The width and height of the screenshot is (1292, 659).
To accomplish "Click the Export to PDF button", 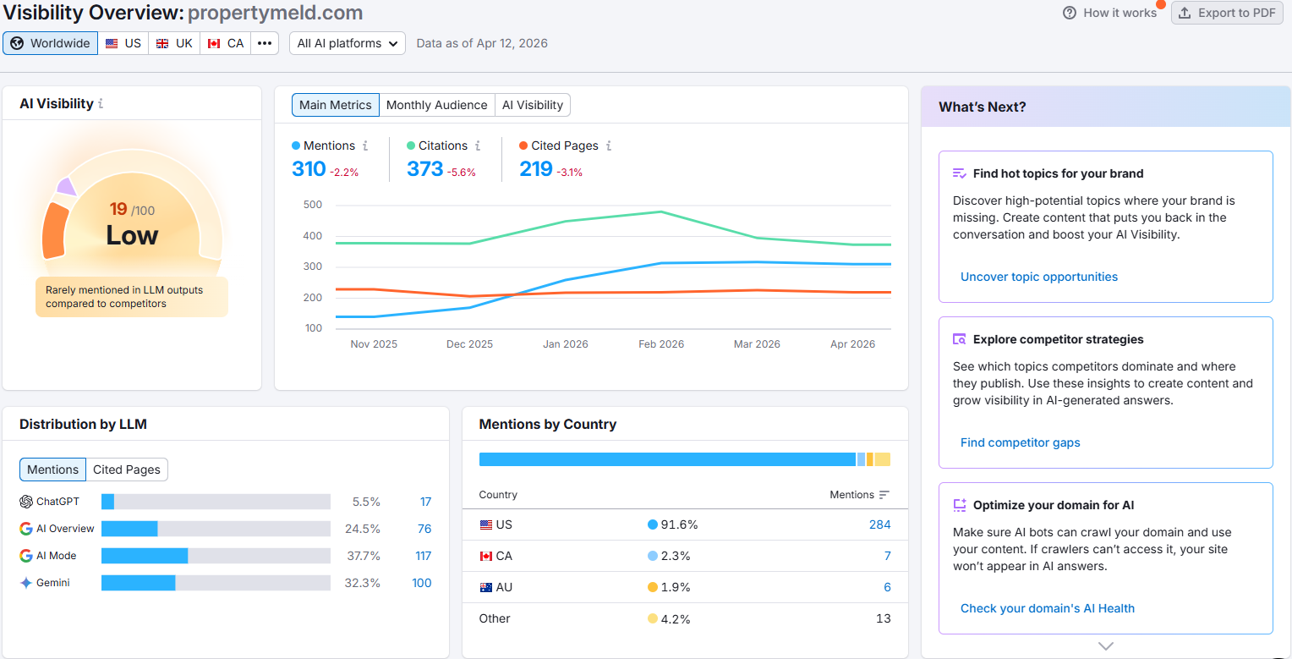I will (1227, 13).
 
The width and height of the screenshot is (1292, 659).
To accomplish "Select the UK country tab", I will (174, 43).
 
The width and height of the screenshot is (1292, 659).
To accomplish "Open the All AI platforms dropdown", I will (348, 43).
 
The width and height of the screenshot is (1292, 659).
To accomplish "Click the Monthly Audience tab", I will (436, 105).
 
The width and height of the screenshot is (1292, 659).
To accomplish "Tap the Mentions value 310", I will (309, 169).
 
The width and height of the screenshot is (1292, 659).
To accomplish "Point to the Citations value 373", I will (424, 169).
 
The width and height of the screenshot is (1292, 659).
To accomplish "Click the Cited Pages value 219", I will (536, 169).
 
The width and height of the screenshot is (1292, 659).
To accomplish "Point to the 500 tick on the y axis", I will (312, 205).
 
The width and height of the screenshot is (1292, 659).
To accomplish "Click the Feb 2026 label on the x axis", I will (661, 344).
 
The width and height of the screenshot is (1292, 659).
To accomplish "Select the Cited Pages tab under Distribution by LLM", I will (127, 470).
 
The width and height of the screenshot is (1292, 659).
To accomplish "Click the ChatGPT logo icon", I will (26, 502).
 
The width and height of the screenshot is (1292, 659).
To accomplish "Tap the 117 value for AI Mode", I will (423, 556).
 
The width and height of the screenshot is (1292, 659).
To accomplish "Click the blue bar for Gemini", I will (138, 583).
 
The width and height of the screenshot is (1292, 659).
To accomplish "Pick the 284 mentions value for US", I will (879, 524).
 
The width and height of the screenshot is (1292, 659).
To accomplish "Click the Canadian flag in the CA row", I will (485, 556).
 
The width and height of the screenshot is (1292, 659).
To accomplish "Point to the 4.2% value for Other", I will (676, 618).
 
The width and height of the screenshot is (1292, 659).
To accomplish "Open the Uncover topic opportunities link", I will (1038, 277).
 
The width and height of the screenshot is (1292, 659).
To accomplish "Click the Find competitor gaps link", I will (1020, 442).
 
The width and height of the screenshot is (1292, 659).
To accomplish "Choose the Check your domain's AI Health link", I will (1047, 608).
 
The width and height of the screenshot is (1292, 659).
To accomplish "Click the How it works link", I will (1110, 13).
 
